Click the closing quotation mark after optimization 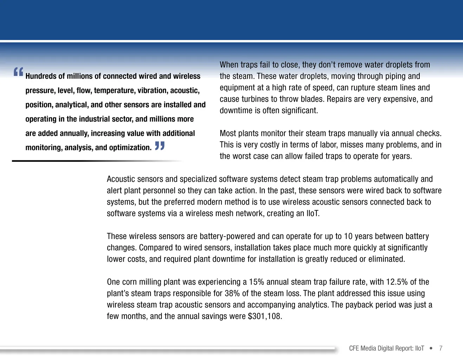pyautogui.click(x=160, y=146)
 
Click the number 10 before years pyautogui.click(x=348, y=236)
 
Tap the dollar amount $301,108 pyautogui.click(x=265, y=316)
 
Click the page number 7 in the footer pyautogui.click(x=441, y=348)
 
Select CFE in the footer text pyautogui.click(x=354, y=348)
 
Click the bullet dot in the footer pyautogui.click(x=431, y=348)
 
